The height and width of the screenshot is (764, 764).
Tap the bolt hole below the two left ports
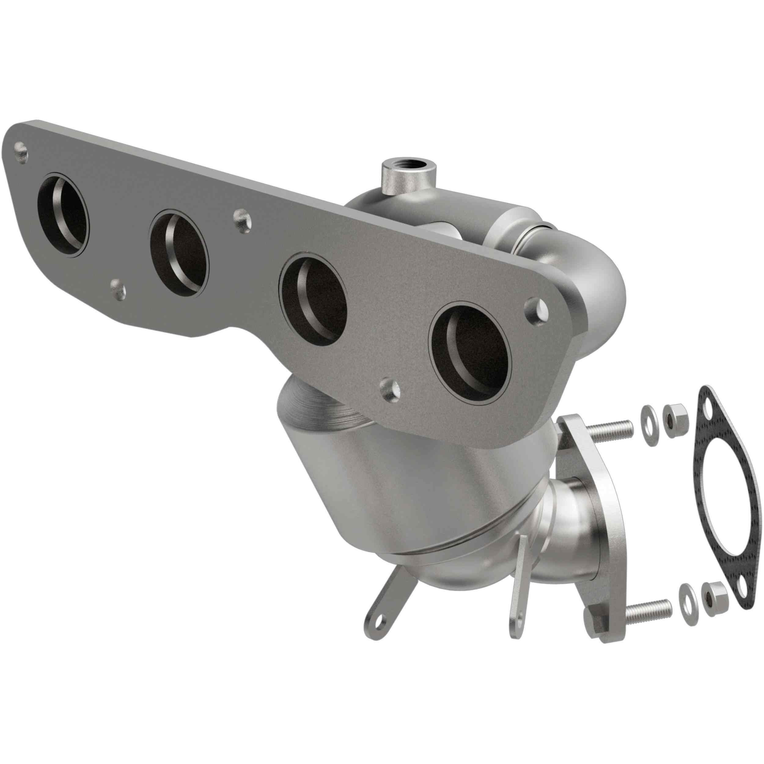(118, 288)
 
